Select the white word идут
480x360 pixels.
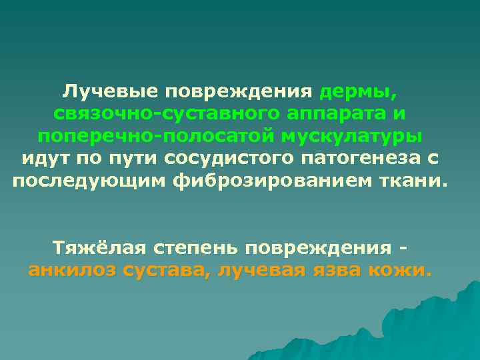[45, 160]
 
